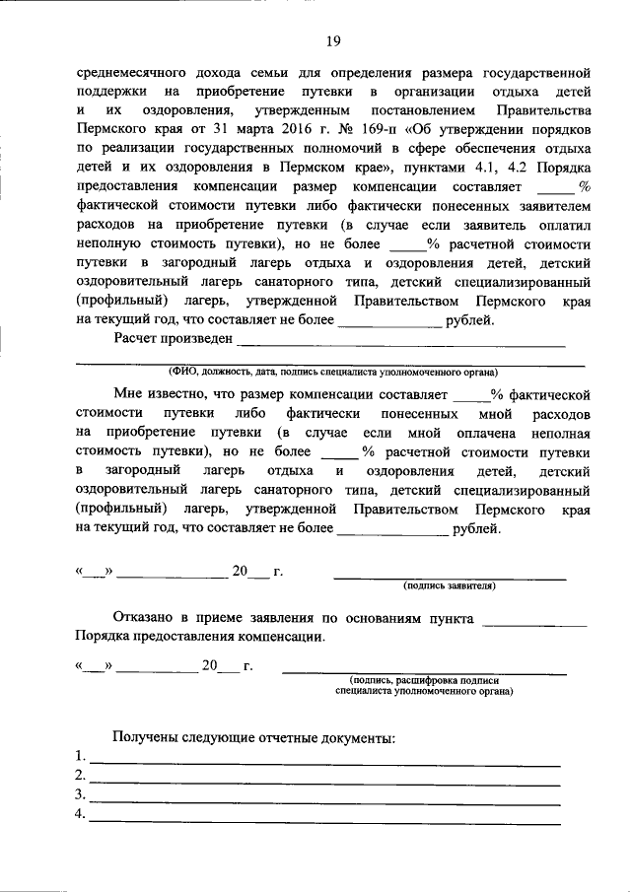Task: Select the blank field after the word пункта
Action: pos(537,619)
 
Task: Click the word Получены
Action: pos(147,736)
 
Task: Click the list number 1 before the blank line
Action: pos(79,756)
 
